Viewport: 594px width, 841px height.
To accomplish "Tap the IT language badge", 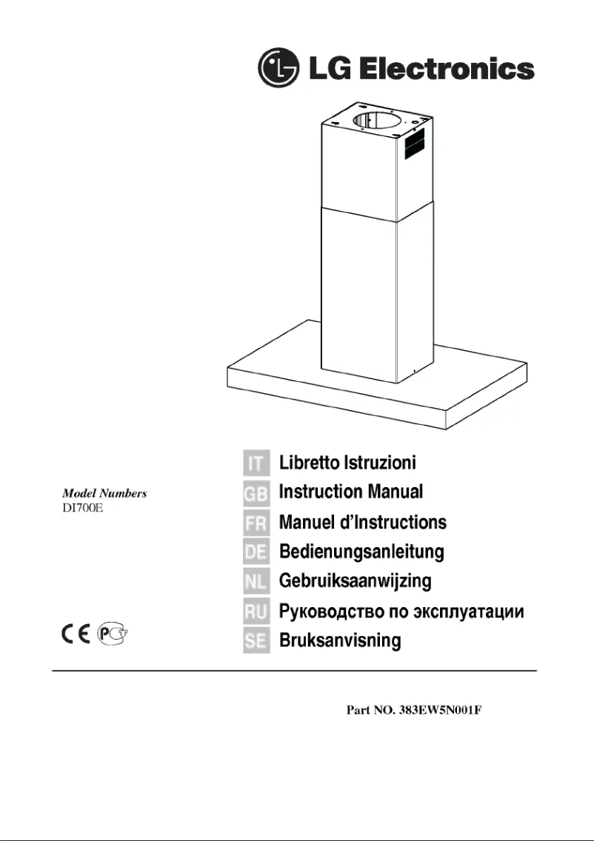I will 255,463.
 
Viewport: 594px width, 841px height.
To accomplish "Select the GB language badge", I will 255,492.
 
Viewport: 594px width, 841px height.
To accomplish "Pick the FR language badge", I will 255,523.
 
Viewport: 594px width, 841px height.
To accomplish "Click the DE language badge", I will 255,552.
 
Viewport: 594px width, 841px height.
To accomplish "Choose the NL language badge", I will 255,581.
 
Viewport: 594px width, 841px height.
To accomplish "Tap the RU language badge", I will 255,612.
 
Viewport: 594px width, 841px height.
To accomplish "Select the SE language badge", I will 255,640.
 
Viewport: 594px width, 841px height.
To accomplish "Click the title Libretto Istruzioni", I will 347,463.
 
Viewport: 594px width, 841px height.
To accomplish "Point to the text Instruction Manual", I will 350,492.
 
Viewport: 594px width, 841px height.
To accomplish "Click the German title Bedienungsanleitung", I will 361,552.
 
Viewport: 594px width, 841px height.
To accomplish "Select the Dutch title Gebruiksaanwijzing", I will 355,581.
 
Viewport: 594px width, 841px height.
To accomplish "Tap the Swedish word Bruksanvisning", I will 339,640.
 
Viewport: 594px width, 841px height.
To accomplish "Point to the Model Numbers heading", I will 104,493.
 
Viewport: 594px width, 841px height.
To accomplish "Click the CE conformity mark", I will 75,635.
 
